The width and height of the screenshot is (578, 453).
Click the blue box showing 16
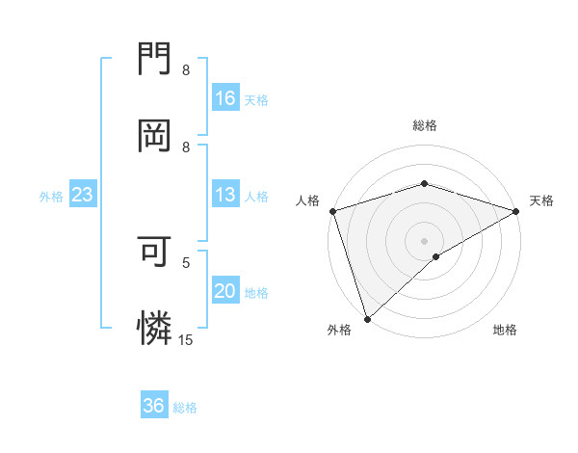(224, 98)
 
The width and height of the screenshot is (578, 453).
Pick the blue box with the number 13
(224, 195)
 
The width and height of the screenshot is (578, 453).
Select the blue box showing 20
(224, 291)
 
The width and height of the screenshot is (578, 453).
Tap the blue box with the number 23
(82, 195)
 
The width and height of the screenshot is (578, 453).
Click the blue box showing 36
(153, 406)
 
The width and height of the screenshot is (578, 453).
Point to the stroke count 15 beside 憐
(186, 339)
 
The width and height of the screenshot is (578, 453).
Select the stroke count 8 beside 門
(186, 70)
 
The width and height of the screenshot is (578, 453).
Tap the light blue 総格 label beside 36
(185, 408)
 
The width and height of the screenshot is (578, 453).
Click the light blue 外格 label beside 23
(51, 197)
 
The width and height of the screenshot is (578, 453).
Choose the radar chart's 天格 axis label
(541, 200)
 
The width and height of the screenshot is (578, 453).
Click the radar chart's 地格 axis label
(505, 331)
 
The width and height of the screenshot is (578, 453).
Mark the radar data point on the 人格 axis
(332, 211)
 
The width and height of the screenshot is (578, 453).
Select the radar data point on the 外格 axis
(367, 319)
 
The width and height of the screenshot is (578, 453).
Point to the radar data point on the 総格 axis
(424, 183)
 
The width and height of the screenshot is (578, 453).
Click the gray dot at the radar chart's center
(424, 240)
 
